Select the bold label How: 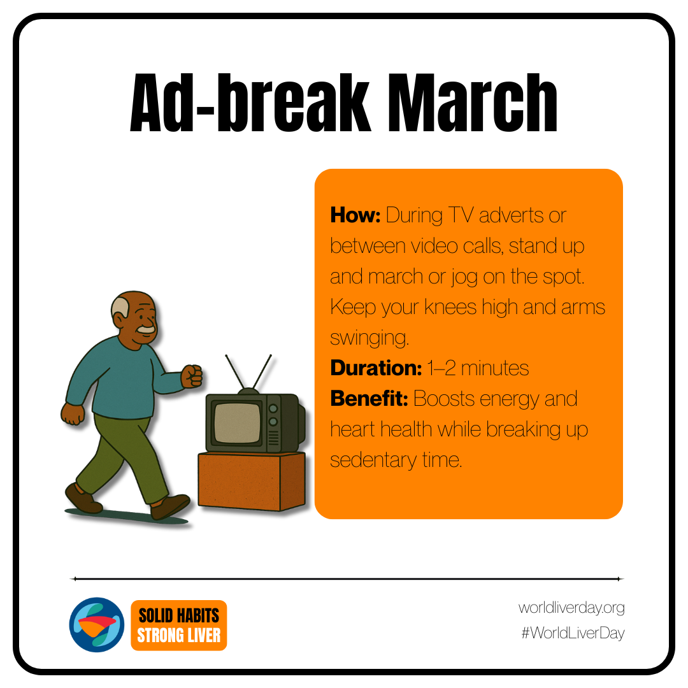click(355, 215)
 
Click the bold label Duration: click(376, 368)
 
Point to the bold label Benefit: click(369, 398)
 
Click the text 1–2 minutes click(478, 368)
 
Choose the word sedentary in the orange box click(373, 460)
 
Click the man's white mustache click(146, 329)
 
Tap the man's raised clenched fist click(192, 376)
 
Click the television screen click(238, 422)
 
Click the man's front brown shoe click(169, 507)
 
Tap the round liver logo click(97, 624)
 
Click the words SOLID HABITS click(178, 615)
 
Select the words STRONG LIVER click(178, 635)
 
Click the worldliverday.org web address click(571, 608)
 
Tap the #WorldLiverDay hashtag click(573, 633)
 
